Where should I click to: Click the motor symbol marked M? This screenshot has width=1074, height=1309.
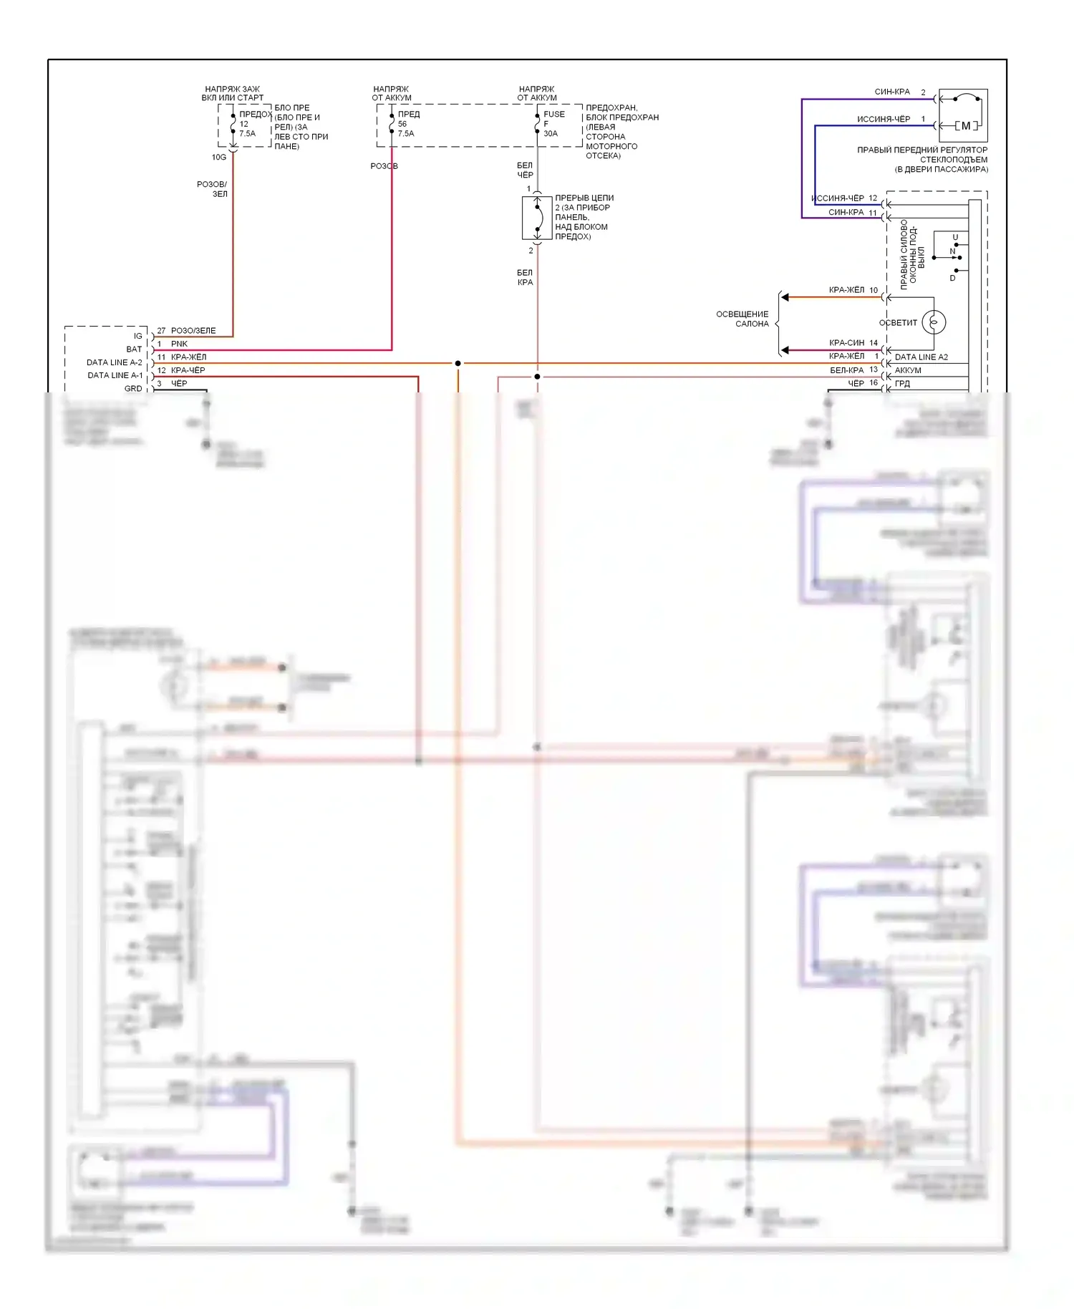tap(966, 126)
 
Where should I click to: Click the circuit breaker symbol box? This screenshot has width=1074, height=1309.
tap(537, 218)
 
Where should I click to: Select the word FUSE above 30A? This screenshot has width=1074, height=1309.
tap(554, 114)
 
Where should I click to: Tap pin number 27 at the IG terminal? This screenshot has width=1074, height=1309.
tap(161, 331)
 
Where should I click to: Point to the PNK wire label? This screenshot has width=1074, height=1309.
tap(179, 344)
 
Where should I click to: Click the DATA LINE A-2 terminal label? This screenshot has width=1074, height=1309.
tap(115, 362)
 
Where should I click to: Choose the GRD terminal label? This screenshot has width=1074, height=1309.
tap(133, 389)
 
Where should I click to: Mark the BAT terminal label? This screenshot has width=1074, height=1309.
tap(134, 349)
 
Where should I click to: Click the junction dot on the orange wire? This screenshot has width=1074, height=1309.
tap(458, 363)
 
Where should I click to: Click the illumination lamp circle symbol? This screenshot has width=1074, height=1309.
tap(934, 322)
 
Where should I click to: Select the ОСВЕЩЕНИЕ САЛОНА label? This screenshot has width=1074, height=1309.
tap(742, 319)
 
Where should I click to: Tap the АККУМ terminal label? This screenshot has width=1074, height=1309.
tap(908, 370)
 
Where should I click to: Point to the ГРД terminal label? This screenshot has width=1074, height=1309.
tap(902, 384)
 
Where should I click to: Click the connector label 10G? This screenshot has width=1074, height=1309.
tap(218, 157)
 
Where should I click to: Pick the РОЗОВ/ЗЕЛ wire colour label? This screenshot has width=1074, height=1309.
tap(213, 189)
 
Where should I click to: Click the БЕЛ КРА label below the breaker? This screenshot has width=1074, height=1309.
tap(525, 277)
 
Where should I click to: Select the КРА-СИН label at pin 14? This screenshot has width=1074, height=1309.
tap(846, 343)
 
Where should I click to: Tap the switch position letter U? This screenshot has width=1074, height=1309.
tap(955, 237)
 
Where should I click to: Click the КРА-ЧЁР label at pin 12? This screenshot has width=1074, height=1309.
tap(188, 370)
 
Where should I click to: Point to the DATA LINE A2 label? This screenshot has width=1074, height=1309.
tap(921, 357)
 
